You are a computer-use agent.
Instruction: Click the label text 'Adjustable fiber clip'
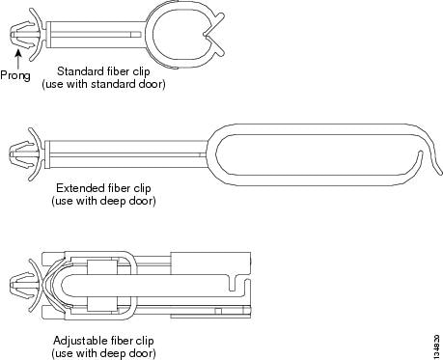[x=102, y=341]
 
